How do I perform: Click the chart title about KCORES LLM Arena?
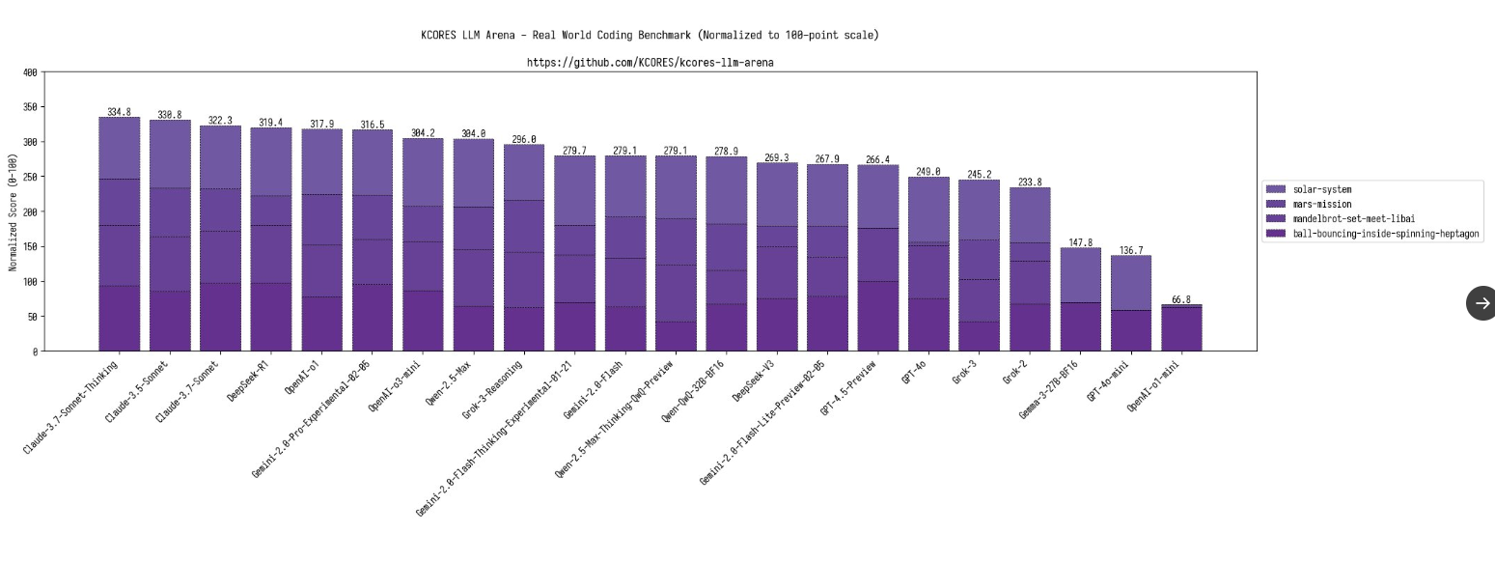coord(650,35)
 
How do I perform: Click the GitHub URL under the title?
coord(650,63)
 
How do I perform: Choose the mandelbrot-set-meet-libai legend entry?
coord(1353,218)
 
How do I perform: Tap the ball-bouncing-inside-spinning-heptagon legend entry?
coord(1385,234)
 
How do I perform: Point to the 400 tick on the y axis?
coord(30,72)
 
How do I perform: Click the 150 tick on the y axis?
coord(30,247)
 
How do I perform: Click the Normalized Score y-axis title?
coord(14,211)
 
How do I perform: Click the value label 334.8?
coord(119,112)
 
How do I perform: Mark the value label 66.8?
coord(1181,299)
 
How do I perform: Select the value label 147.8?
coord(1080,242)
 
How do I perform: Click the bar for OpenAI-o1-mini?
coord(1181,328)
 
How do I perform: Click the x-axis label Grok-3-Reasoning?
coord(492,389)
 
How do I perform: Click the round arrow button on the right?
coord(1481,303)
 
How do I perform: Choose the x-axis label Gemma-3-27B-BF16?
coord(1047,391)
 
